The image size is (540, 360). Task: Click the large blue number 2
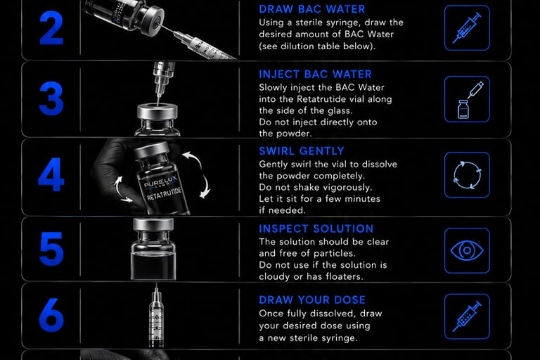pyautogui.click(x=51, y=28)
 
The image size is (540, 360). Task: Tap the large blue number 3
pyautogui.click(x=51, y=98)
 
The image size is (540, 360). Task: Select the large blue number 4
pyautogui.click(x=51, y=174)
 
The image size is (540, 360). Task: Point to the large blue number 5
pyautogui.click(x=51, y=248)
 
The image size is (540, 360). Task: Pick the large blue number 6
pyautogui.click(x=51, y=314)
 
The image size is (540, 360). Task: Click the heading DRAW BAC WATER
pyautogui.click(x=311, y=9)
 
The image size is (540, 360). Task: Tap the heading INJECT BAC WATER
pyautogui.click(x=315, y=74)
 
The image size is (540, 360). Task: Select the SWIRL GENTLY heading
pyautogui.click(x=302, y=151)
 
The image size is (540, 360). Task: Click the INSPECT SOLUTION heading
pyautogui.click(x=316, y=229)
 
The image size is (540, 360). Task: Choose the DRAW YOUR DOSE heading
pyautogui.click(x=312, y=300)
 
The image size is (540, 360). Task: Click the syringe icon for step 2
pyautogui.click(x=467, y=28)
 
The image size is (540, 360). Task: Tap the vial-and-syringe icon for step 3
pyautogui.click(x=467, y=99)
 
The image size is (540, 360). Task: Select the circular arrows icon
pyautogui.click(x=467, y=175)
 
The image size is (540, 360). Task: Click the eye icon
pyautogui.click(x=467, y=250)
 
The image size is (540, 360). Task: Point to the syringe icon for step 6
pyautogui.click(x=467, y=316)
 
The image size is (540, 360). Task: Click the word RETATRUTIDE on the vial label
pyautogui.click(x=164, y=194)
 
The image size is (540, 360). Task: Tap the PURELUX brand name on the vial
pyautogui.click(x=160, y=181)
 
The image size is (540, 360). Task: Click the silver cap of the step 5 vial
pyautogui.click(x=153, y=224)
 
